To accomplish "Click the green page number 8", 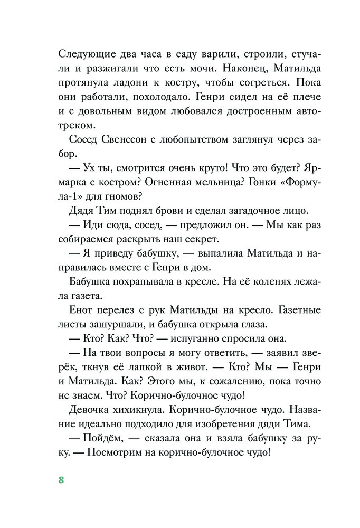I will (61, 479).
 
